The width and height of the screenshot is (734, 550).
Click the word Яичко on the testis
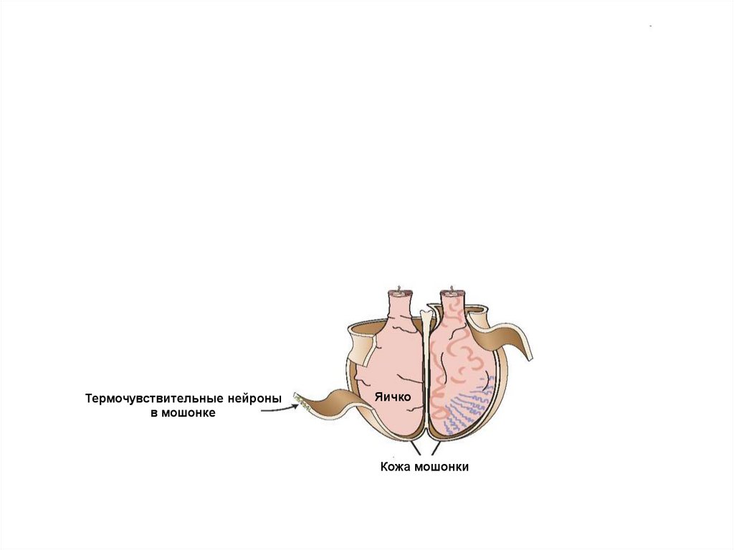click(391, 396)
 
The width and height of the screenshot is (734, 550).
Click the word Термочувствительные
click(155, 398)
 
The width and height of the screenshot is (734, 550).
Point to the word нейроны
click(255, 398)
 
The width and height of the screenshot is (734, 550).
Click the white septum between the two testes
click(426, 359)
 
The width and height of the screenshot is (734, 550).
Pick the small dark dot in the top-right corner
click(651, 27)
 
